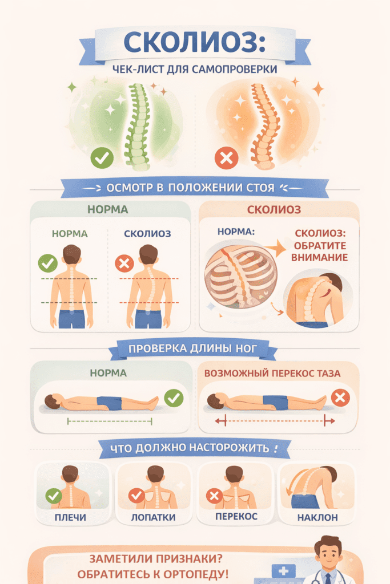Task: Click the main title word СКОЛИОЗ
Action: click(x=194, y=43)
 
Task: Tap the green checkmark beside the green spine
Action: click(x=102, y=158)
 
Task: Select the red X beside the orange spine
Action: click(x=226, y=158)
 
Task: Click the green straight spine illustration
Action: click(x=138, y=127)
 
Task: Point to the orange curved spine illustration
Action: click(x=264, y=127)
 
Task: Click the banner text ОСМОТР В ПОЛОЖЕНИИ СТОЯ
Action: click(x=190, y=187)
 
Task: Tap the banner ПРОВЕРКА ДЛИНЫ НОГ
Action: click(x=193, y=348)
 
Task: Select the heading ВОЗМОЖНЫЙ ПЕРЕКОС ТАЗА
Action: click(x=272, y=373)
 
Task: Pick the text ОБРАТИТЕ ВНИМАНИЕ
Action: click(x=320, y=252)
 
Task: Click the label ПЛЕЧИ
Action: click(x=70, y=517)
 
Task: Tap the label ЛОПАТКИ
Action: click(x=153, y=517)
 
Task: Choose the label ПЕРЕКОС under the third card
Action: click(x=236, y=516)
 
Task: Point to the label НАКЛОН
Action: click(x=317, y=517)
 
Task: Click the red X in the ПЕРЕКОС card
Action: click(x=214, y=496)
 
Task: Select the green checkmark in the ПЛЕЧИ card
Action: click(x=54, y=496)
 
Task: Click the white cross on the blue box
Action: click(x=283, y=570)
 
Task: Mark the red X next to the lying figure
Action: click(x=340, y=398)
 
